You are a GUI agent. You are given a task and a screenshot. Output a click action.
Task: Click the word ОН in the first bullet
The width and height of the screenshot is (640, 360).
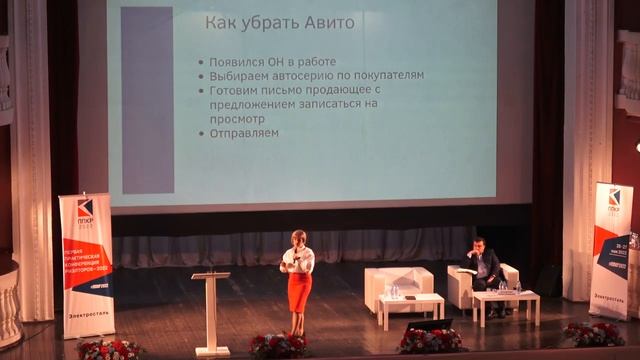coord(279,61)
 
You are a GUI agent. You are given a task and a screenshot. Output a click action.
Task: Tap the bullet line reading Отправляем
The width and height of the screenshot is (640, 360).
coord(244,132)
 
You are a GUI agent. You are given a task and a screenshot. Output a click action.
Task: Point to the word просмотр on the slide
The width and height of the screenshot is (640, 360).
coord(237,117)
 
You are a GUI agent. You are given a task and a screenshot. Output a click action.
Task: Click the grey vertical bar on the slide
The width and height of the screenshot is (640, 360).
coord(147,100)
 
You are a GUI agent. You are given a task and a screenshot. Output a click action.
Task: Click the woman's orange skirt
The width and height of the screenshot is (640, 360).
coord(299,291)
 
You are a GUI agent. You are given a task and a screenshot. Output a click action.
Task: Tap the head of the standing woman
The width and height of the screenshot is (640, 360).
coord(298,239)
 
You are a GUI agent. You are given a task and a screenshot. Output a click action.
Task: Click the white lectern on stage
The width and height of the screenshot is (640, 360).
coord(211,310)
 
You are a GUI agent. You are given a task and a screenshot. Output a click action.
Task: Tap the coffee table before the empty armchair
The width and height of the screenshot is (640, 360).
coord(410,302)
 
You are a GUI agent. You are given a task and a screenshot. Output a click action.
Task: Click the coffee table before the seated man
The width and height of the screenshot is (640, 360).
coord(506,299)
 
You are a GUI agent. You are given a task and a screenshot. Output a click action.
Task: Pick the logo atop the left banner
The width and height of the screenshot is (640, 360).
coord(85,209)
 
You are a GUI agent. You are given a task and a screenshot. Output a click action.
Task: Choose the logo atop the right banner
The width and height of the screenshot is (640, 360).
coord(614,197)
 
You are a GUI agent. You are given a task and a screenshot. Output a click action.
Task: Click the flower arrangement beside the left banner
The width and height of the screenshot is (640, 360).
coord(110,348)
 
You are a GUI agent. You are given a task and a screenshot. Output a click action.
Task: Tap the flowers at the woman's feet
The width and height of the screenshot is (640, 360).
coord(277,344)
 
